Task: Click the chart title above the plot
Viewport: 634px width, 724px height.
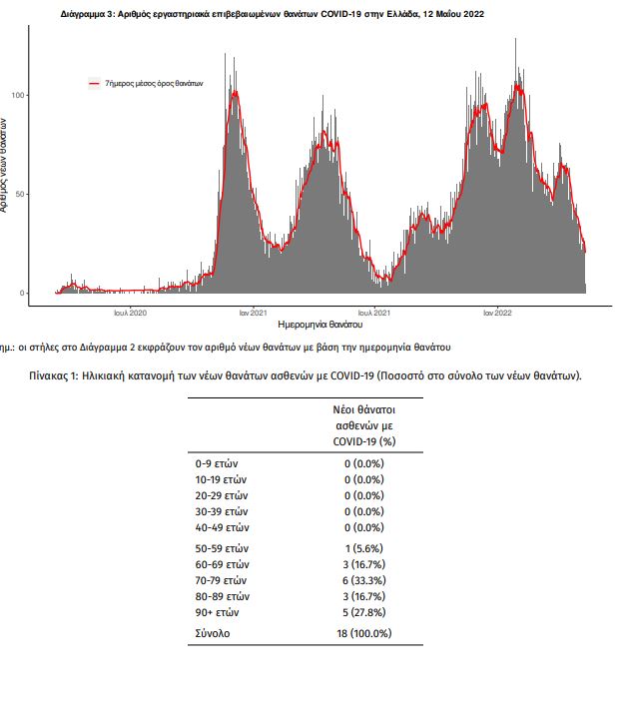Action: [273, 15]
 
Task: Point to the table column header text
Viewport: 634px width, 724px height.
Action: [364, 425]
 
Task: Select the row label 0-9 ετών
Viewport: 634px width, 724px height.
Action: [217, 463]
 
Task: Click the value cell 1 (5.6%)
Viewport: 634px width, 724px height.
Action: [364, 548]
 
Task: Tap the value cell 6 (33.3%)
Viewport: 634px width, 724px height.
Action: [364, 580]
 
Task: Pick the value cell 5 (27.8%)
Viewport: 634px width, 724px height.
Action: [364, 612]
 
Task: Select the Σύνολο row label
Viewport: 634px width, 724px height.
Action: [211, 633]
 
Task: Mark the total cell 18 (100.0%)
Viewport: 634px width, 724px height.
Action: [364, 633]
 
